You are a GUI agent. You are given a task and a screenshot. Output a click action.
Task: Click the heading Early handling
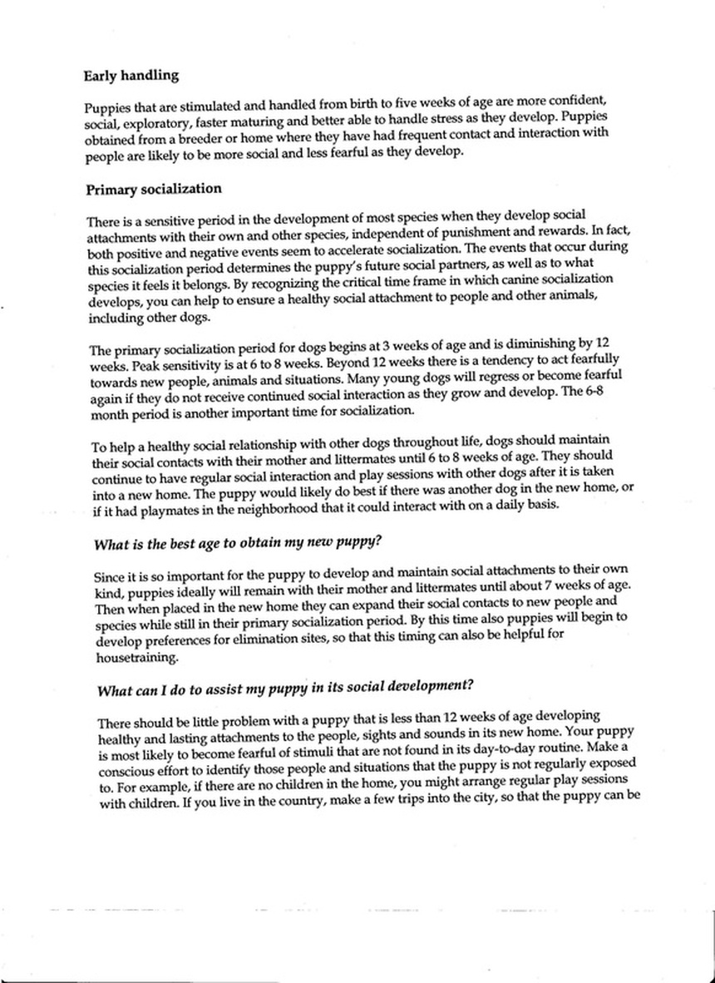131,76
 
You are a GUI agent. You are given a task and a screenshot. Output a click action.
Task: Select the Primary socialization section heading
153,190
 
